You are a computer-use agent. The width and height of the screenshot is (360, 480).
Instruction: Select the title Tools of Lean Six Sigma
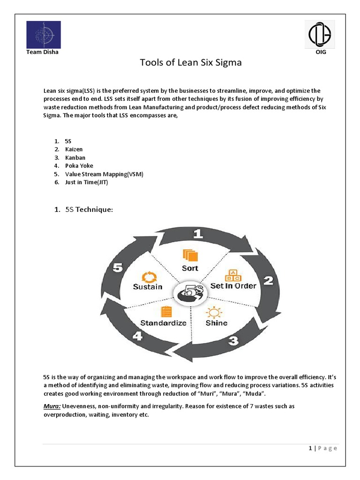coord(191,62)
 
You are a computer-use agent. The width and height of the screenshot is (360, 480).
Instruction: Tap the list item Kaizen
coord(74,149)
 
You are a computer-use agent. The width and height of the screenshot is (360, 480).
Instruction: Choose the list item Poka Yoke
coord(79,166)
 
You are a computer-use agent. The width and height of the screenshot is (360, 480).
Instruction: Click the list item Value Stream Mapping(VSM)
coord(104,174)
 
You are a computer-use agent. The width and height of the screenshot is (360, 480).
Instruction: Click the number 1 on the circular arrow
coord(199,234)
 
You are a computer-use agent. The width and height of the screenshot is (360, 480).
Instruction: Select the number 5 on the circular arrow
coord(118,267)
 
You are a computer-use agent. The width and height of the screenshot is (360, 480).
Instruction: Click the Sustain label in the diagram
coord(147,286)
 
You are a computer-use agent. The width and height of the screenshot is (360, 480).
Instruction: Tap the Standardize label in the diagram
coord(164,323)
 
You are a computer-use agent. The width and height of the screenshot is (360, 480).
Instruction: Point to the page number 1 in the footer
coord(310,448)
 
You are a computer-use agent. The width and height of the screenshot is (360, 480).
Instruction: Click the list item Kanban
coord(75,157)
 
